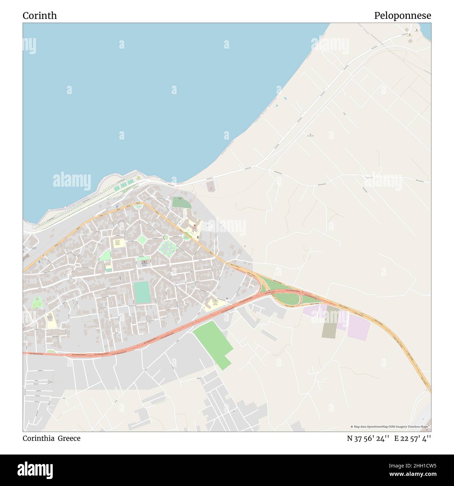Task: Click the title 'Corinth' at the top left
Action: (x=39, y=16)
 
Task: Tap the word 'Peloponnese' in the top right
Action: (x=402, y=16)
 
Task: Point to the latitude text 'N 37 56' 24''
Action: (x=368, y=438)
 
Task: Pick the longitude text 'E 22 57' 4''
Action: (x=412, y=438)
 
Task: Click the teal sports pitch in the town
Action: (x=142, y=293)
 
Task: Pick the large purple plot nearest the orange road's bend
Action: (x=359, y=328)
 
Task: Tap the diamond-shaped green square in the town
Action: (x=142, y=240)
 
